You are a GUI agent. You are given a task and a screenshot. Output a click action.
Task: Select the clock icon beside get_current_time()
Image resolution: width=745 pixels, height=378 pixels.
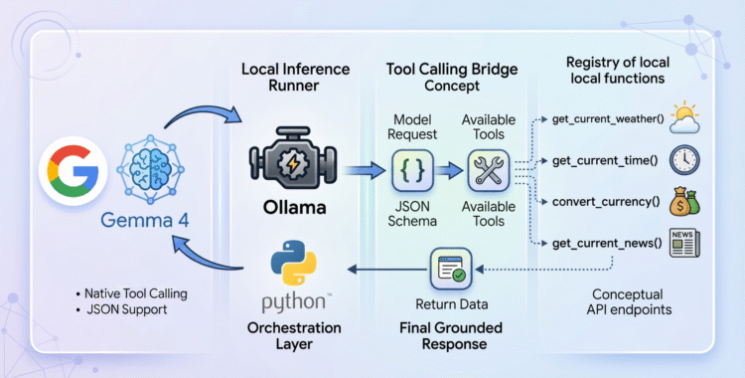[x=686, y=160]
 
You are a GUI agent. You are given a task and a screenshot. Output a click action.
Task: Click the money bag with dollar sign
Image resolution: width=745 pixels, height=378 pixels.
[x=686, y=201]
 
